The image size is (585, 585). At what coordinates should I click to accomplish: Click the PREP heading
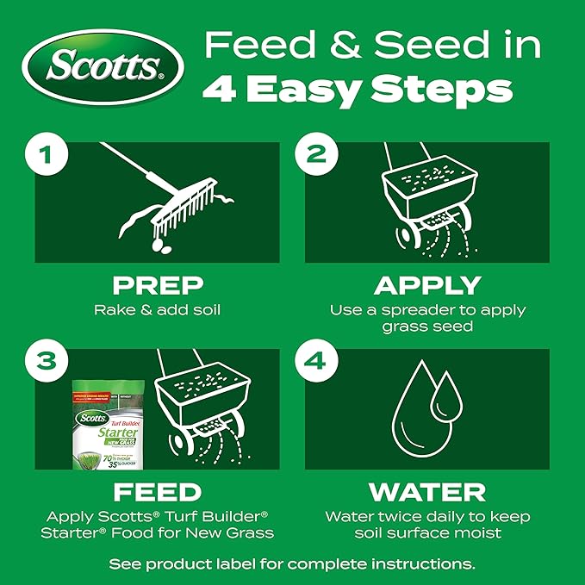pos(157,285)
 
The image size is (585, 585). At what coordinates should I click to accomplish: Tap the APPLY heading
pos(427,285)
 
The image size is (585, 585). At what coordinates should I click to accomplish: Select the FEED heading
pos(157,493)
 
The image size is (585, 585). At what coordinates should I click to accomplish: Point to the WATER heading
pos(427,493)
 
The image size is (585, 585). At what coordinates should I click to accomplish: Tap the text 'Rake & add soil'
pos(157,309)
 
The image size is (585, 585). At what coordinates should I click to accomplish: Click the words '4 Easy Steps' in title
pos(357,89)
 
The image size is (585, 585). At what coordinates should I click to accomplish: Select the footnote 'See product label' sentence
pos(292,564)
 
